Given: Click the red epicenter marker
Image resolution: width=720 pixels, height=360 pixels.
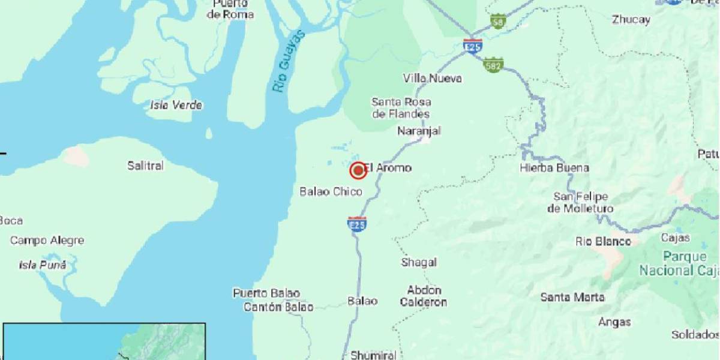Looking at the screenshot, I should coord(358,171).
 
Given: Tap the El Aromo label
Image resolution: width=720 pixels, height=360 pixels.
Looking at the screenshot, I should coord(388,168).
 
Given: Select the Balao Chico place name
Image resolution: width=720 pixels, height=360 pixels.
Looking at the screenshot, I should coord(331,191).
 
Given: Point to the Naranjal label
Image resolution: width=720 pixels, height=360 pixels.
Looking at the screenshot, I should coord(419,131).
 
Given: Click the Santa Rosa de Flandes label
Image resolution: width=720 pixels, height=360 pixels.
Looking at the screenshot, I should coord(401,108).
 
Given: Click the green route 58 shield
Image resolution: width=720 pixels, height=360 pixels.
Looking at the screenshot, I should coord(497,21).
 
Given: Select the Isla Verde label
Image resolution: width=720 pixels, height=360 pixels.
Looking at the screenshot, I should coord(176,106).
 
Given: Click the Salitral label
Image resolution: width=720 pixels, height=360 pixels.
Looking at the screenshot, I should coord(145,166).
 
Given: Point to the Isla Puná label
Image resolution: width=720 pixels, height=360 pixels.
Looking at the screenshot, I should coord(43,265).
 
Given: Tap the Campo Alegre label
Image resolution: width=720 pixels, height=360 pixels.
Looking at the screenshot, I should coord(47,241).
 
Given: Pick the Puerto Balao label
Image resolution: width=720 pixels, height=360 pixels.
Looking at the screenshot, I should coord(266,293).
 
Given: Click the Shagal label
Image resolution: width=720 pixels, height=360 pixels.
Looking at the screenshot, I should coord(419,262).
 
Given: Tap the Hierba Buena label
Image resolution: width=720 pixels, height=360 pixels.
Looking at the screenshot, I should coord(554,168).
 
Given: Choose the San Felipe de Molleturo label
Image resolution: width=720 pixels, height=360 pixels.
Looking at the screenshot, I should coord(580,203).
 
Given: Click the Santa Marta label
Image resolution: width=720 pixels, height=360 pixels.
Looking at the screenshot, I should coord(572,297).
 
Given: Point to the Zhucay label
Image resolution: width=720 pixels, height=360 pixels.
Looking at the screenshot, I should coord(631,19).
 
